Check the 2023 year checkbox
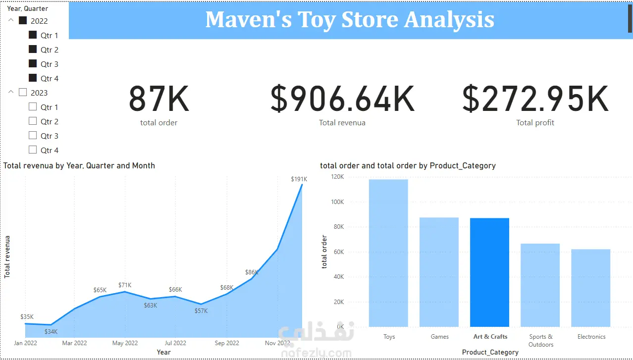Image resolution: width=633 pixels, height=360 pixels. click(x=23, y=93)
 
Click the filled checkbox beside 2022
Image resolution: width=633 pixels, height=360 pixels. click(x=23, y=20)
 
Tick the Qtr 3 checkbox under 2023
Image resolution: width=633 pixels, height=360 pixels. click(x=33, y=135)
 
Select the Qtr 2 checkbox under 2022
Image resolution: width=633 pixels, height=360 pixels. click(x=33, y=49)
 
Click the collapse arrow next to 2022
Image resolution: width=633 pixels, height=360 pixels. click(x=11, y=20)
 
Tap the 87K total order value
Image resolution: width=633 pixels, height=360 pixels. click(x=159, y=99)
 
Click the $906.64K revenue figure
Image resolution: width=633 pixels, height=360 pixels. click(x=342, y=99)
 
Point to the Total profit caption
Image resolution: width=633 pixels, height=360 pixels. click(x=535, y=123)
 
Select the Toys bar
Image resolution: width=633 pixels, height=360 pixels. click(x=388, y=253)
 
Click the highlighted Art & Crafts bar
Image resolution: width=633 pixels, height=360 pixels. click(x=489, y=272)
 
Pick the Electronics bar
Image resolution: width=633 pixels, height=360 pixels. click(x=590, y=288)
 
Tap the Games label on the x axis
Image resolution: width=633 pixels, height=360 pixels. click(x=439, y=337)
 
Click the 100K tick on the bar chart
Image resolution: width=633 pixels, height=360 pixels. click(x=337, y=202)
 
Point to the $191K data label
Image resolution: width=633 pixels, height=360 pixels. click(x=299, y=179)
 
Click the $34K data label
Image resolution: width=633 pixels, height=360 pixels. click(x=51, y=331)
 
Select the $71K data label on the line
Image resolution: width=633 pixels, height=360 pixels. click(x=125, y=285)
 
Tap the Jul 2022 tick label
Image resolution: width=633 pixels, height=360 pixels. click(x=175, y=343)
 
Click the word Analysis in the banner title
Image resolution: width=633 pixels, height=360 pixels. click(x=449, y=20)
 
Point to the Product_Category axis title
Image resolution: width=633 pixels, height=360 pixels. click(x=490, y=352)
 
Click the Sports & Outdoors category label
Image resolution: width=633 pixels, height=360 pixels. click(x=540, y=341)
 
